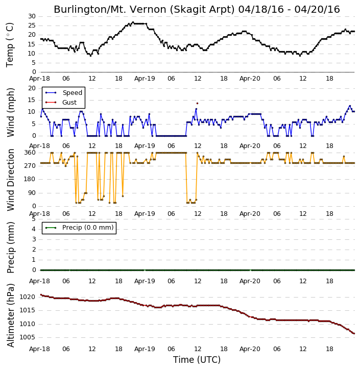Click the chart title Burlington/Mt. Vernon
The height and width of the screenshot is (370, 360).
coord(144,9)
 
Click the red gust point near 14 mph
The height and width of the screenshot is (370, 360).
coord(197,104)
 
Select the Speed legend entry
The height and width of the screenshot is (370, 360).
coord(64,93)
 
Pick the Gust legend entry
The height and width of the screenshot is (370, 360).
coord(61,103)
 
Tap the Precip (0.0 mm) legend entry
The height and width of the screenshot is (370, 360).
coord(79,228)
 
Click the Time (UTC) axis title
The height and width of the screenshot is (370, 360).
coord(197,360)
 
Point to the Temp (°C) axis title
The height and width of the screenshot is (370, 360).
coord(10,45)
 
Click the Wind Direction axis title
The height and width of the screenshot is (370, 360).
coord(10,180)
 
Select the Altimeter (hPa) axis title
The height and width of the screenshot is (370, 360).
coord(10,315)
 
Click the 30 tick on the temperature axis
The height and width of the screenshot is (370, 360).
coord(32,16)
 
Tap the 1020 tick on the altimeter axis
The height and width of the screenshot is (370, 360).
coord(27,297)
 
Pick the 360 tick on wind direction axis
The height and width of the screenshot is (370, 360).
coord(30,153)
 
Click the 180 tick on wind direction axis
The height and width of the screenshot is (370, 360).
coord(30,179)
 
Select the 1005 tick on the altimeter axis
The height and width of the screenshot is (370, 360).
coord(27,337)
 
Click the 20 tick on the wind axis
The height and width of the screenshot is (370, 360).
coord(32,88)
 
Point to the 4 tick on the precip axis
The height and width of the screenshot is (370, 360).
coord(34,229)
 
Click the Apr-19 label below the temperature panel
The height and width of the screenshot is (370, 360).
coord(145,79)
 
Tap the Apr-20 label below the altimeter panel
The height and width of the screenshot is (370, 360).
coord(250,349)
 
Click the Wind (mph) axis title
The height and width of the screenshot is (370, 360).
coord(10,112)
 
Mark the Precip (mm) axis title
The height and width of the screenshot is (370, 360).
coord(10,248)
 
